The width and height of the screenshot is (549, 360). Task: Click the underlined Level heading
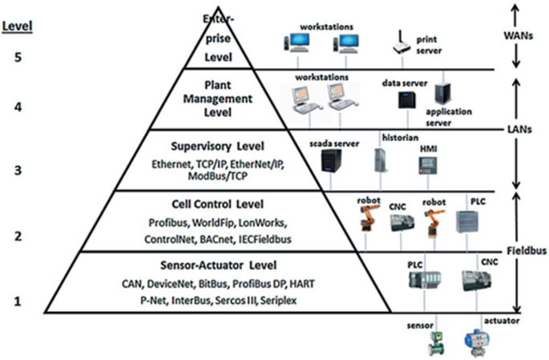(x=18, y=25)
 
